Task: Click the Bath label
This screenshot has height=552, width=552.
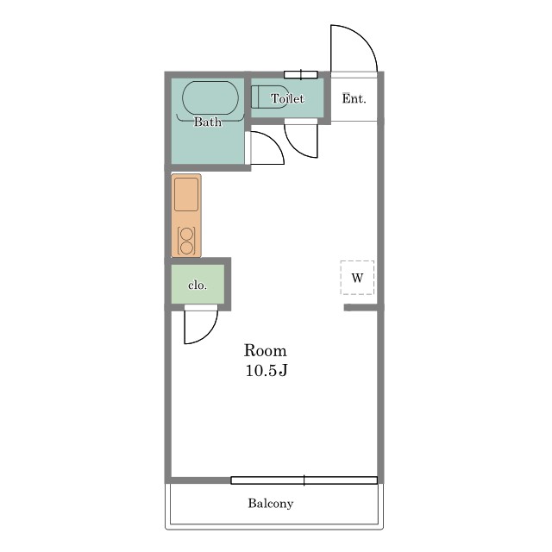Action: (x=208, y=122)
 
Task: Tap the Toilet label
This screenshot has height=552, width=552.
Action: (x=287, y=98)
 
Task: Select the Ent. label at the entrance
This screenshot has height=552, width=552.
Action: (x=354, y=98)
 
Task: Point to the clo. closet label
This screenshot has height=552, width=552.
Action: (x=198, y=285)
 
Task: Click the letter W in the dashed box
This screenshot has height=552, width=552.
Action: (x=357, y=278)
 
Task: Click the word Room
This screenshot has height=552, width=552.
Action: (x=266, y=351)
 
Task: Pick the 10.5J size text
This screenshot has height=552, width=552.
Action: (x=267, y=370)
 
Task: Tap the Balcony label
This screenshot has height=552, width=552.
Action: (x=270, y=504)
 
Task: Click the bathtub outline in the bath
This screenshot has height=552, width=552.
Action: (x=210, y=82)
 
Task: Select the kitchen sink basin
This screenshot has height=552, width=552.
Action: (x=186, y=194)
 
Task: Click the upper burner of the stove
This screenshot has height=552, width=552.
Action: (x=186, y=234)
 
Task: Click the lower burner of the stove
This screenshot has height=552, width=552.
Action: (x=186, y=248)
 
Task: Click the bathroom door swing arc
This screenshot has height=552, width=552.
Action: (x=274, y=141)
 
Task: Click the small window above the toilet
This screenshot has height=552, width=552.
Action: (x=301, y=75)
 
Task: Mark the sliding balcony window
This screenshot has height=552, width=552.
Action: (x=304, y=480)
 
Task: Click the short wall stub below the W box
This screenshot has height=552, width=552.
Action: (x=361, y=308)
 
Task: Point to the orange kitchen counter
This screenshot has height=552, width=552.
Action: (x=186, y=215)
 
